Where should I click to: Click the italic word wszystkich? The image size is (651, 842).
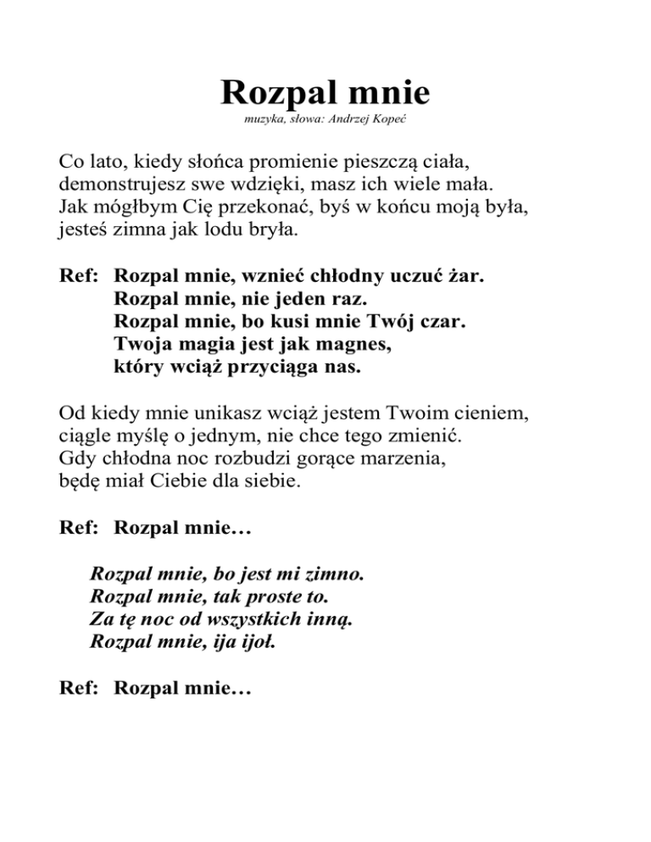251,619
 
